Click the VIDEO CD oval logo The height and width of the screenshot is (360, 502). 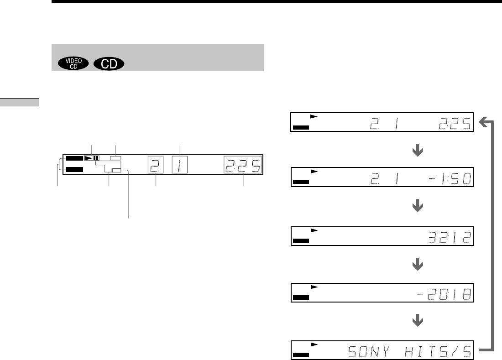click(x=73, y=63)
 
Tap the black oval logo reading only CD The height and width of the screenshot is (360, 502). click(x=109, y=63)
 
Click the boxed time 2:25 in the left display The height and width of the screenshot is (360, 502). click(x=243, y=165)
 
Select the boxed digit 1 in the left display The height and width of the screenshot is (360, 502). click(x=180, y=165)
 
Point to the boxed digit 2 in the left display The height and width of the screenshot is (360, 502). click(x=156, y=165)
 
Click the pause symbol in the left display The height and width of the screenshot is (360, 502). click(x=96, y=158)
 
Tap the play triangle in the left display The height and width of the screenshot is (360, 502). click(x=89, y=158)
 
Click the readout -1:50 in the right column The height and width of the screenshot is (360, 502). click(x=450, y=179)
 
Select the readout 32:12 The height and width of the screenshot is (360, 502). click(x=450, y=238)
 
